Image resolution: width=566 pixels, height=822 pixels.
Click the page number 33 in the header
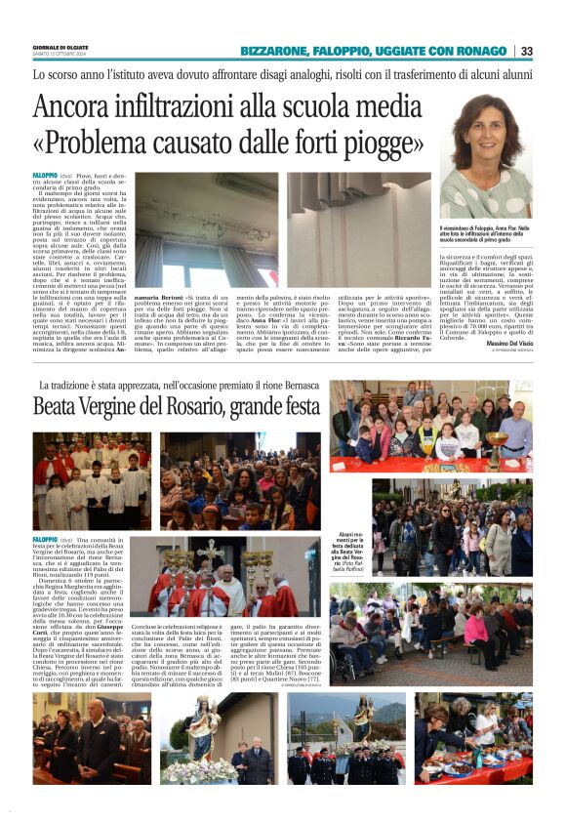[527, 51]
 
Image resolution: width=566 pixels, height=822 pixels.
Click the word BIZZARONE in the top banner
[278, 51]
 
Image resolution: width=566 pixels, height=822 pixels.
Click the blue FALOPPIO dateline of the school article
[44, 174]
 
